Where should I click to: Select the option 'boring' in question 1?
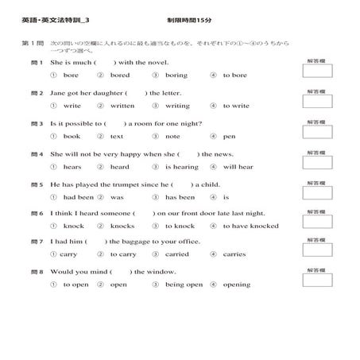[x=176, y=75]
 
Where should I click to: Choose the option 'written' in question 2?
[x=122, y=106]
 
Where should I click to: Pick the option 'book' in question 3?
[x=72, y=137]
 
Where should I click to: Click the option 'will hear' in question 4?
[x=238, y=167]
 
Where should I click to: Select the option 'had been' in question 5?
[x=78, y=197]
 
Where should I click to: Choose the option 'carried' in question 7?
[x=176, y=255]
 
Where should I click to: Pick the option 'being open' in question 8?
[x=184, y=285]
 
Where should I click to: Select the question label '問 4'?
[x=37, y=154]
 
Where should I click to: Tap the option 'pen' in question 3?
[x=229, y=137]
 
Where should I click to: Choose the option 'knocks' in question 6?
[x=122, y=226]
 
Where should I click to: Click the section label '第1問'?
[x=32, y=42]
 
